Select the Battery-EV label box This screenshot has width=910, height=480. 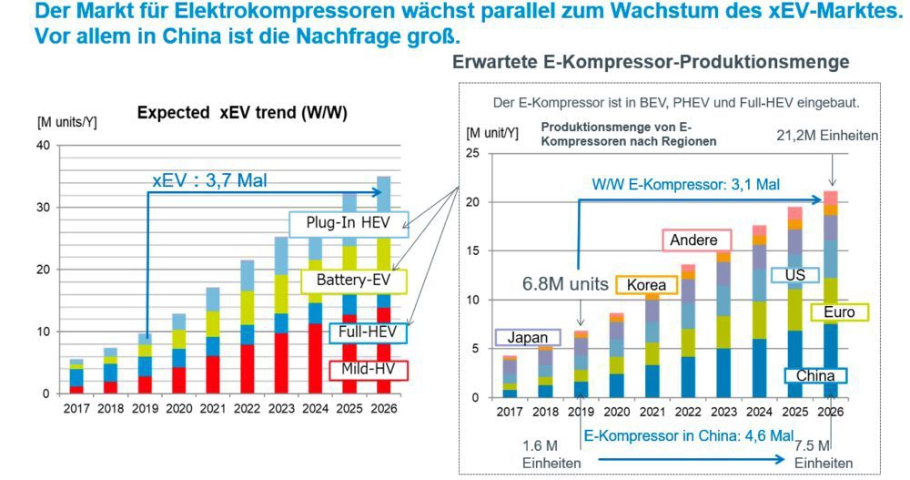pyautogui.click(x=353, y=280)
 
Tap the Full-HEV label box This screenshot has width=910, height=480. pyautogui.click(x=366, y=333)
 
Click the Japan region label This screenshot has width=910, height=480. pyautogui.click(x=528, y=337)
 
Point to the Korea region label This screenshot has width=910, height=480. pyautogui.click(x=647, y=285)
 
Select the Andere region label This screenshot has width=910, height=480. pyautogui.click(x=693, y=240)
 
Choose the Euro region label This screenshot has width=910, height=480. pyautogui.click(x=837, y=312)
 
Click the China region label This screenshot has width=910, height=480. pyautogui.click(x=815, y=375)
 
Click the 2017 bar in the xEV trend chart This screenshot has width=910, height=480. pyautogui.click(x=76, y=376)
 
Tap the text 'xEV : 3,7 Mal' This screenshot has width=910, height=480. pyautogui.click(x=209, y=180)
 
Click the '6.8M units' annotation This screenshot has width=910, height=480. pyautogui.click(x=565, y=284)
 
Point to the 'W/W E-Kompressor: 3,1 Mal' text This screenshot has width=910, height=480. pyautogui.click(x=685, y=183)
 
